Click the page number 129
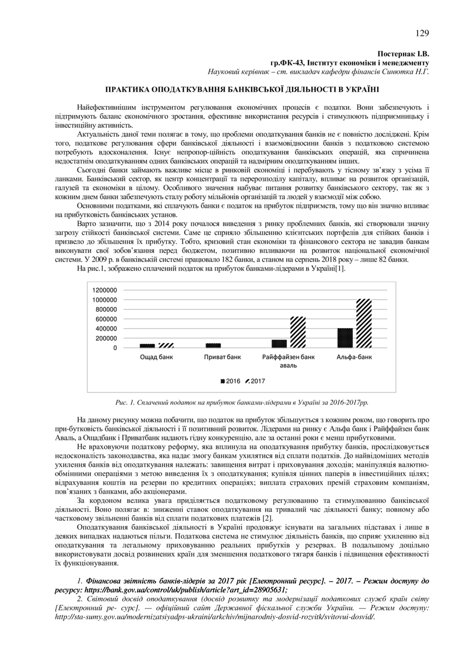pos(422,33)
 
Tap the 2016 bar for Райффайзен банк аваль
pos(280,343)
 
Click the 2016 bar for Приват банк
pos(214,345)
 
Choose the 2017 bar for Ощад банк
pos(166,345)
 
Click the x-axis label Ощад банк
pos(156,357)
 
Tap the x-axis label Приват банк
pos(222,357)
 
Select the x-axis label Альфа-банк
pos(354,357)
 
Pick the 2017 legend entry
pos(255,381)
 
